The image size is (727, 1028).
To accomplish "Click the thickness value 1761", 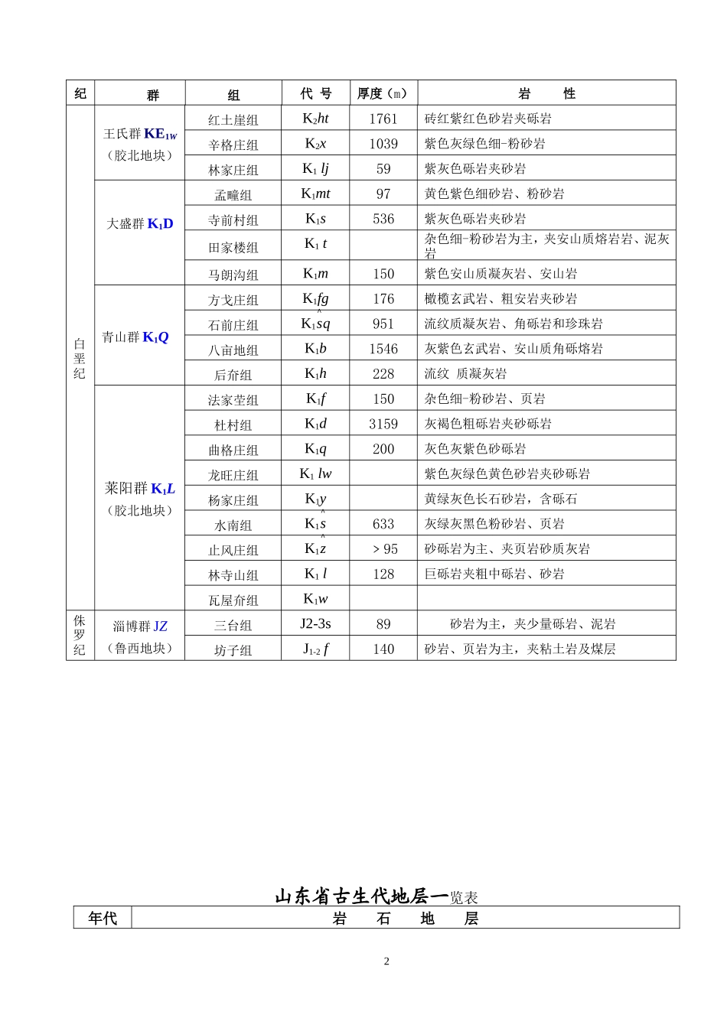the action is (x=383, y=119).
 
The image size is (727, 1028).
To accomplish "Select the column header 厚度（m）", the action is (x=383, y=93).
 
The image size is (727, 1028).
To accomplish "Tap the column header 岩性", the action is (x=546, y=93).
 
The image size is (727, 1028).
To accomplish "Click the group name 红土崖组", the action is (x=233, y=119).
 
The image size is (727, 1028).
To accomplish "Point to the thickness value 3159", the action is (x=383, y=424).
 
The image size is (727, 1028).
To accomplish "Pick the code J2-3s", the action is (x=315, y=623).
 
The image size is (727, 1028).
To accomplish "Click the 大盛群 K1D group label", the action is (x=140, y=224).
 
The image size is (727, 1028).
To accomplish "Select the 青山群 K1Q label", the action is (x=135, y=337).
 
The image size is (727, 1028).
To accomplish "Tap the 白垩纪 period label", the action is (x=80, y=359).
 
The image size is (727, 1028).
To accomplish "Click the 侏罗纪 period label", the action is (x=80, y=635).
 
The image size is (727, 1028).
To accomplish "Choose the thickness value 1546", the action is (x=383, y=349).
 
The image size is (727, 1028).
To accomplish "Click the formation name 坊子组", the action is (x=233, y=650).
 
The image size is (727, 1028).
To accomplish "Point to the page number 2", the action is (x=386, y=961).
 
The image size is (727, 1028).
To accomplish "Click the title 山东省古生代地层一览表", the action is (x=377, y=896).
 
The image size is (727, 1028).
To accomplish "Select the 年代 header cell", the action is (x=103, y=918).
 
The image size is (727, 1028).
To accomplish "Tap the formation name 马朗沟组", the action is (x=233, y=275).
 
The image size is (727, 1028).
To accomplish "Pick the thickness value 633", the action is (x=383, y=524).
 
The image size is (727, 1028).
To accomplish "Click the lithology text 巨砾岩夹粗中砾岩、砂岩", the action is (x=494, y=574).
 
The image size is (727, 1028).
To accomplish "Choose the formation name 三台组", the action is (x=233, y=625).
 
